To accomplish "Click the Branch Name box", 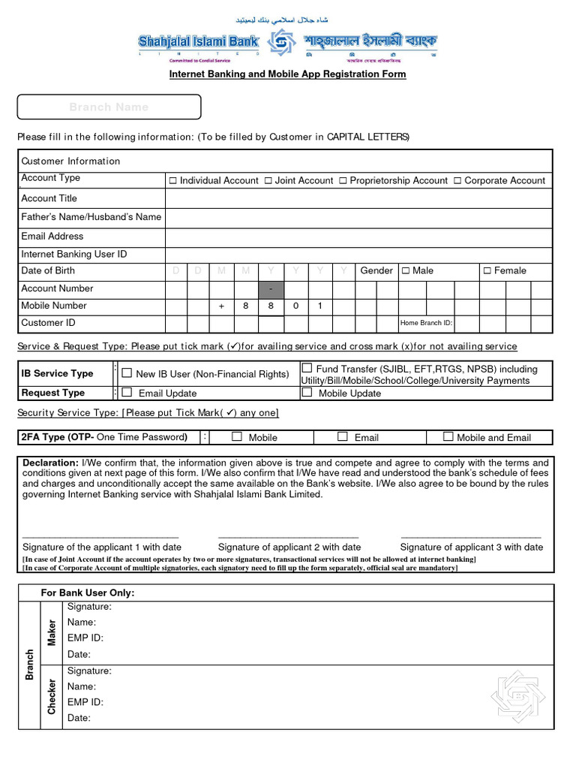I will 109,107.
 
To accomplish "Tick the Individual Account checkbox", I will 172,181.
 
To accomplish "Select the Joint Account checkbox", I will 268,181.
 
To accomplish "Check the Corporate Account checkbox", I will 457,181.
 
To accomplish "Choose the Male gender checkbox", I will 406,270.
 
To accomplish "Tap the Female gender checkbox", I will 487,270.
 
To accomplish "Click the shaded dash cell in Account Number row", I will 271,289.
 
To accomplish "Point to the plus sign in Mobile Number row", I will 222,306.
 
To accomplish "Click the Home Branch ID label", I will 427,324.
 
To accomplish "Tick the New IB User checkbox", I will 127,373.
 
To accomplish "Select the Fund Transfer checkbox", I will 307,368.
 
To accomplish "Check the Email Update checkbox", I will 127,392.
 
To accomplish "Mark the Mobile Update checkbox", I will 307,392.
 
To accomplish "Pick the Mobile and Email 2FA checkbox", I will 448,436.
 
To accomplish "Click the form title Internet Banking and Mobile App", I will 287,74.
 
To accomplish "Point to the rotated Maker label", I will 52,632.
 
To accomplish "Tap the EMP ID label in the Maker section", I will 85,638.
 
